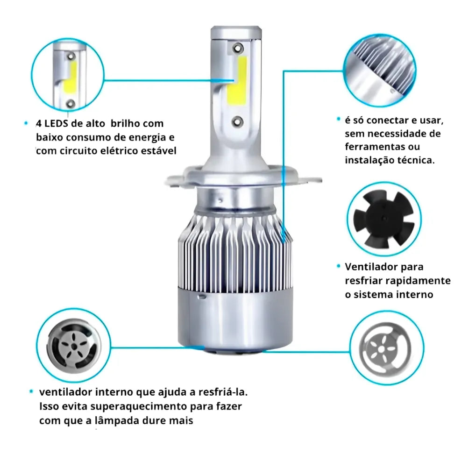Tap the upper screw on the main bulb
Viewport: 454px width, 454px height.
pos(238,48)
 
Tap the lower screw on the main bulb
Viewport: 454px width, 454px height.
pos(237,121)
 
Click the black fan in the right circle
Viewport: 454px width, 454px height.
pos(383,219)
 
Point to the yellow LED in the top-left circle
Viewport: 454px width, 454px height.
pos(70,79)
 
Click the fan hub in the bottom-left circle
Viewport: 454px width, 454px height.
pos(74,346)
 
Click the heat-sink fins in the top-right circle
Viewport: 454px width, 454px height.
pos(382,65)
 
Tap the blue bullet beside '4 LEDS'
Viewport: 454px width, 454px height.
pos(26,123)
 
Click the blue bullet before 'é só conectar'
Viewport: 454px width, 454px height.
pos(338,119)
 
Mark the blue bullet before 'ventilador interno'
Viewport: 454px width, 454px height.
pos(31,391)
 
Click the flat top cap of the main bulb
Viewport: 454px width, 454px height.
pos(236,29)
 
